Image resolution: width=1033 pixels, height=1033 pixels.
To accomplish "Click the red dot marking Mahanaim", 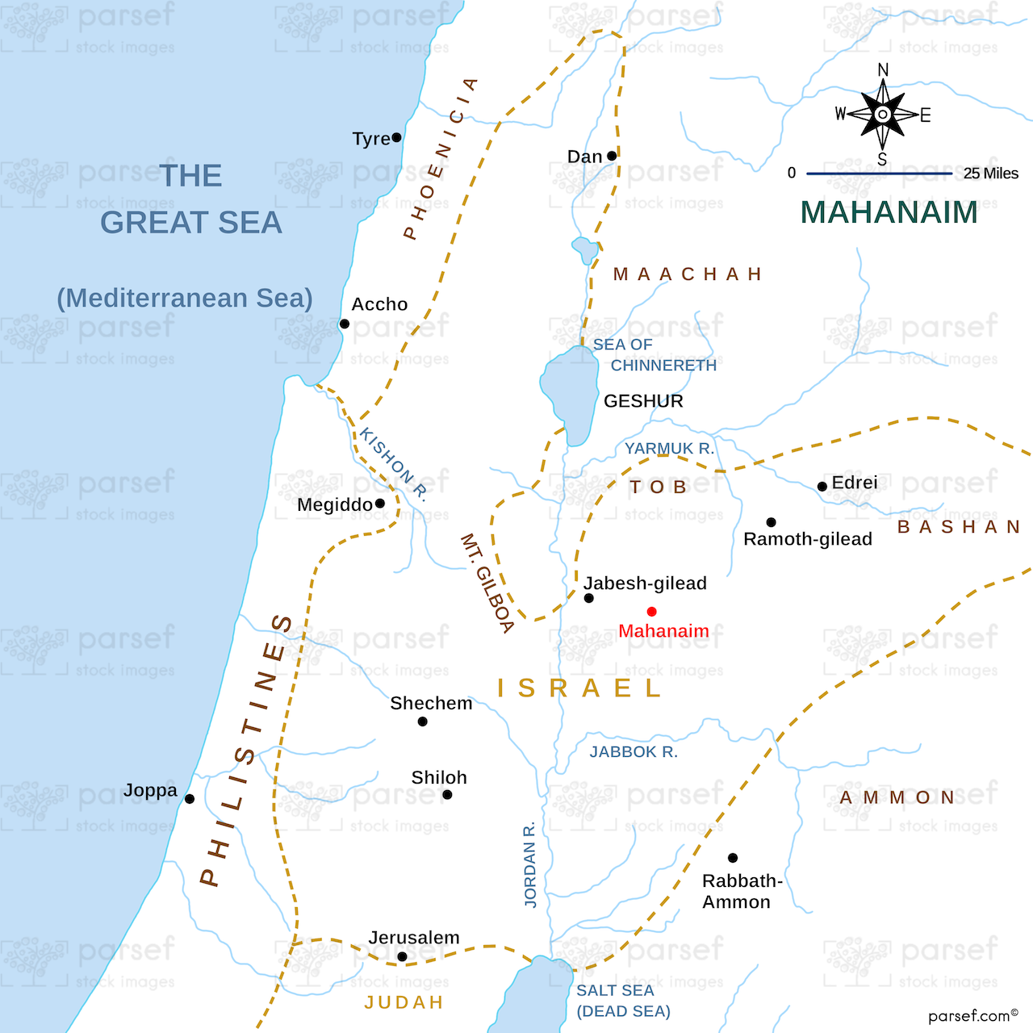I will [651, 612].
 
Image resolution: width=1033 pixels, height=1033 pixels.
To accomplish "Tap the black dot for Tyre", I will [396, 137].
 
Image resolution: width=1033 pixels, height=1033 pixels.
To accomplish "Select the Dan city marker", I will [612, 156].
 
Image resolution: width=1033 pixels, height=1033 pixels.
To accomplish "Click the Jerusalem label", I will [414, 938].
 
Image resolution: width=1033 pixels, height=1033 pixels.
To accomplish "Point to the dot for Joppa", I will [190, 799].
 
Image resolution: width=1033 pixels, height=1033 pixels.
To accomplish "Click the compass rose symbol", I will [883, 115].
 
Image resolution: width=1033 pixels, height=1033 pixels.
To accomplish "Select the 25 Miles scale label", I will [990, 174].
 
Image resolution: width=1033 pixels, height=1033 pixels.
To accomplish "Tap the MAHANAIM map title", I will [889, 212].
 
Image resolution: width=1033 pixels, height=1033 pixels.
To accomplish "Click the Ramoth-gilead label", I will [807, 539].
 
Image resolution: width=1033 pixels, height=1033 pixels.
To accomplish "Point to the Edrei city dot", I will [822, 487].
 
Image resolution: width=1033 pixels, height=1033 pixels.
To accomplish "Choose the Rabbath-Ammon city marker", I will [733, 858].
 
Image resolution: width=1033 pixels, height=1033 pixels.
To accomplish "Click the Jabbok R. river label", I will [634, 752].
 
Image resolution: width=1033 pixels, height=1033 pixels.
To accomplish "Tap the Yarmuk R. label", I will [669, 449].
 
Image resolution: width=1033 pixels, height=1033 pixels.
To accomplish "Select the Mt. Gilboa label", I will [487, 583].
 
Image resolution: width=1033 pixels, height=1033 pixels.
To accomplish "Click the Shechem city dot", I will [423, 721].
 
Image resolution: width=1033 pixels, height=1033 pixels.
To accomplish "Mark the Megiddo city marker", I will [380, 504].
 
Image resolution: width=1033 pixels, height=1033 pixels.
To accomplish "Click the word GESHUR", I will [643, 401].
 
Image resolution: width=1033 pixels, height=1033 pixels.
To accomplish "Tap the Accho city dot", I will [345, 324].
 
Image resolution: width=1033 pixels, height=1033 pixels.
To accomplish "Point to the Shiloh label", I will [439, 778].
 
